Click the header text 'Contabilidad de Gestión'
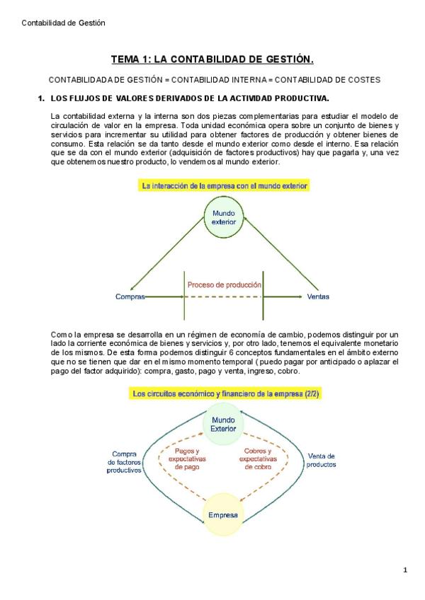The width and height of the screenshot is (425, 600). pyautogui.click(x=63, y=23)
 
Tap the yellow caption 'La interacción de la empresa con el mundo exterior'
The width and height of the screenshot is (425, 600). pyautogui.click(x=225, y=186)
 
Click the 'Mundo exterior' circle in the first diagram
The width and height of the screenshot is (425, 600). pyautogui.click(x=224, y=217)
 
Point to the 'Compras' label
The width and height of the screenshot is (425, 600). pyautogui.click(x=130, y=297)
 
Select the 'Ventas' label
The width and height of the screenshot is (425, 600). pyautogui.click(x=318, y=297)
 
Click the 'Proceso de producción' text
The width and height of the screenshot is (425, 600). pyautogui.click(x=224, y=285)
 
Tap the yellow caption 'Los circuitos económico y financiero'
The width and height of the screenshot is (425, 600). pyautogui.click(x=224, y=394)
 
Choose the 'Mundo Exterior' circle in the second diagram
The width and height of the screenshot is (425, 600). pyautogui.click(x=224, y=424)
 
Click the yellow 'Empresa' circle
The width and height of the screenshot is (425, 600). pyautogui.click(x=224, y=514)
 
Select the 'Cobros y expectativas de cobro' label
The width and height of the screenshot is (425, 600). pyautogui.click(x=259, y=459)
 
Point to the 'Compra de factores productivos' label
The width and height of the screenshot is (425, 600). pyautogui.click(x=124, y=461)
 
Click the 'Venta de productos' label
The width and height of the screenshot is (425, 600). pyautogui.click(x=321, y=461)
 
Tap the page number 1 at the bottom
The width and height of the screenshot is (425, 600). pyautogui.click(x=405, y=570)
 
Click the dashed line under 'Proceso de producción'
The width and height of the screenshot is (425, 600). pyautogui.click(x=224, y=297)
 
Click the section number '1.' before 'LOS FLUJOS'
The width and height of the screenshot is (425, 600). pyautogui.click(x=41, y=98)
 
